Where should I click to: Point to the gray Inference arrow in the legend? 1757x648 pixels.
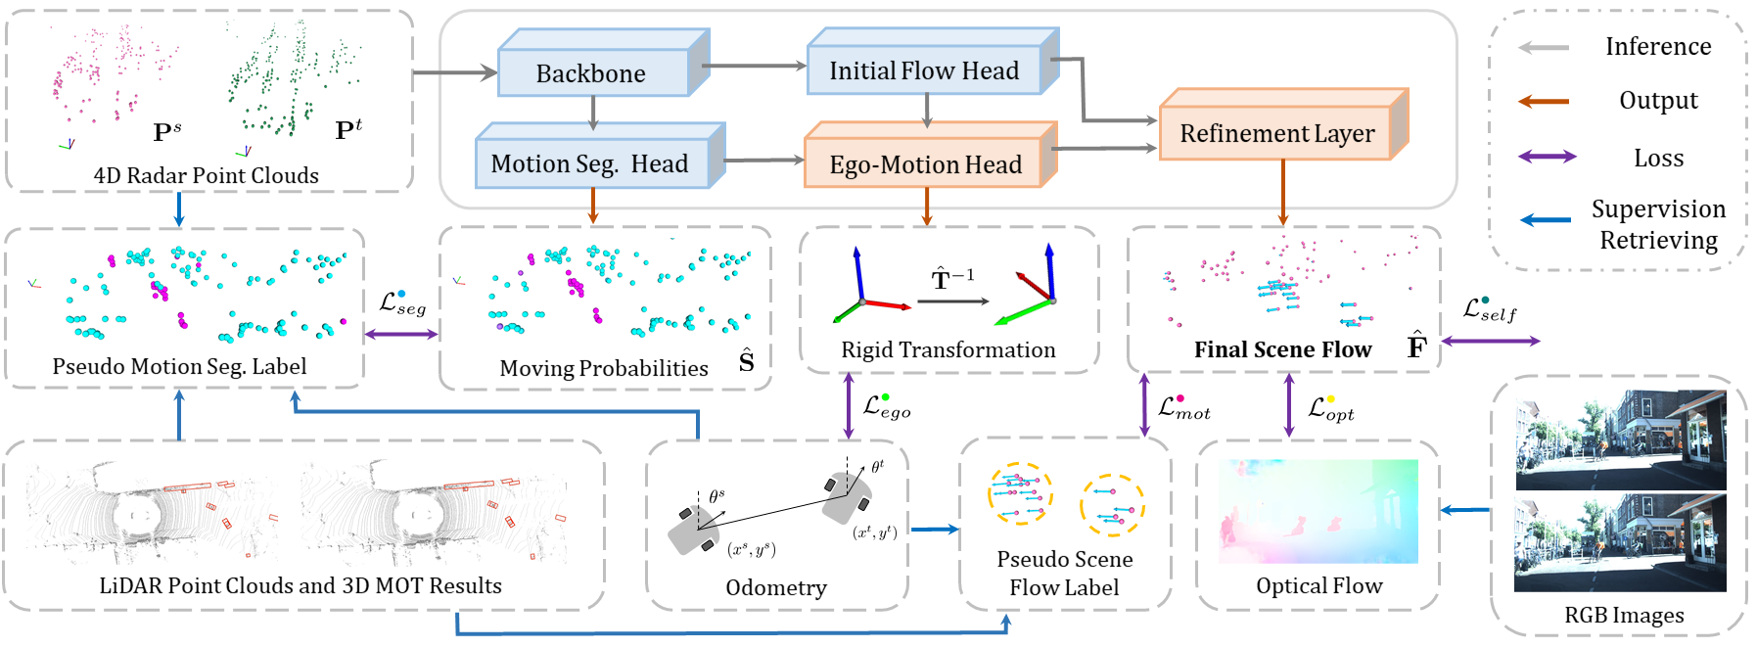[1544, 47]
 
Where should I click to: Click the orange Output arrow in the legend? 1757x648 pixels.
[1544, 101]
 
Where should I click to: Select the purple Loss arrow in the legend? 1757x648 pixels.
[1548, 157]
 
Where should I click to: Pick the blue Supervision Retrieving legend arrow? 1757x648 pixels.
[1546, 220]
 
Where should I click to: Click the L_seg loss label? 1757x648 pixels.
[402, 303]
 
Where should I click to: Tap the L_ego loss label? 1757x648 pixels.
[887, 406]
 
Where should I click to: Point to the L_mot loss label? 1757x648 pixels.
[1184, 407]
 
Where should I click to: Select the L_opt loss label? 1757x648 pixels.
[1331, 408]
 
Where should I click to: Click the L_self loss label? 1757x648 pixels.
[1490, 310]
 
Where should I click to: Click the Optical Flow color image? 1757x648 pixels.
[1318, 511]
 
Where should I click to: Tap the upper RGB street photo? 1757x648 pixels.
[1620, 440]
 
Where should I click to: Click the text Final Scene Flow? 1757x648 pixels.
[1282, 349]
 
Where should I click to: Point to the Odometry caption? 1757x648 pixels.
[776, 587]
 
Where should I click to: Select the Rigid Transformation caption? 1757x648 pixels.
[948, 349]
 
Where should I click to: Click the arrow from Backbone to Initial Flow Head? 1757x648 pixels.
[754, 67]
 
